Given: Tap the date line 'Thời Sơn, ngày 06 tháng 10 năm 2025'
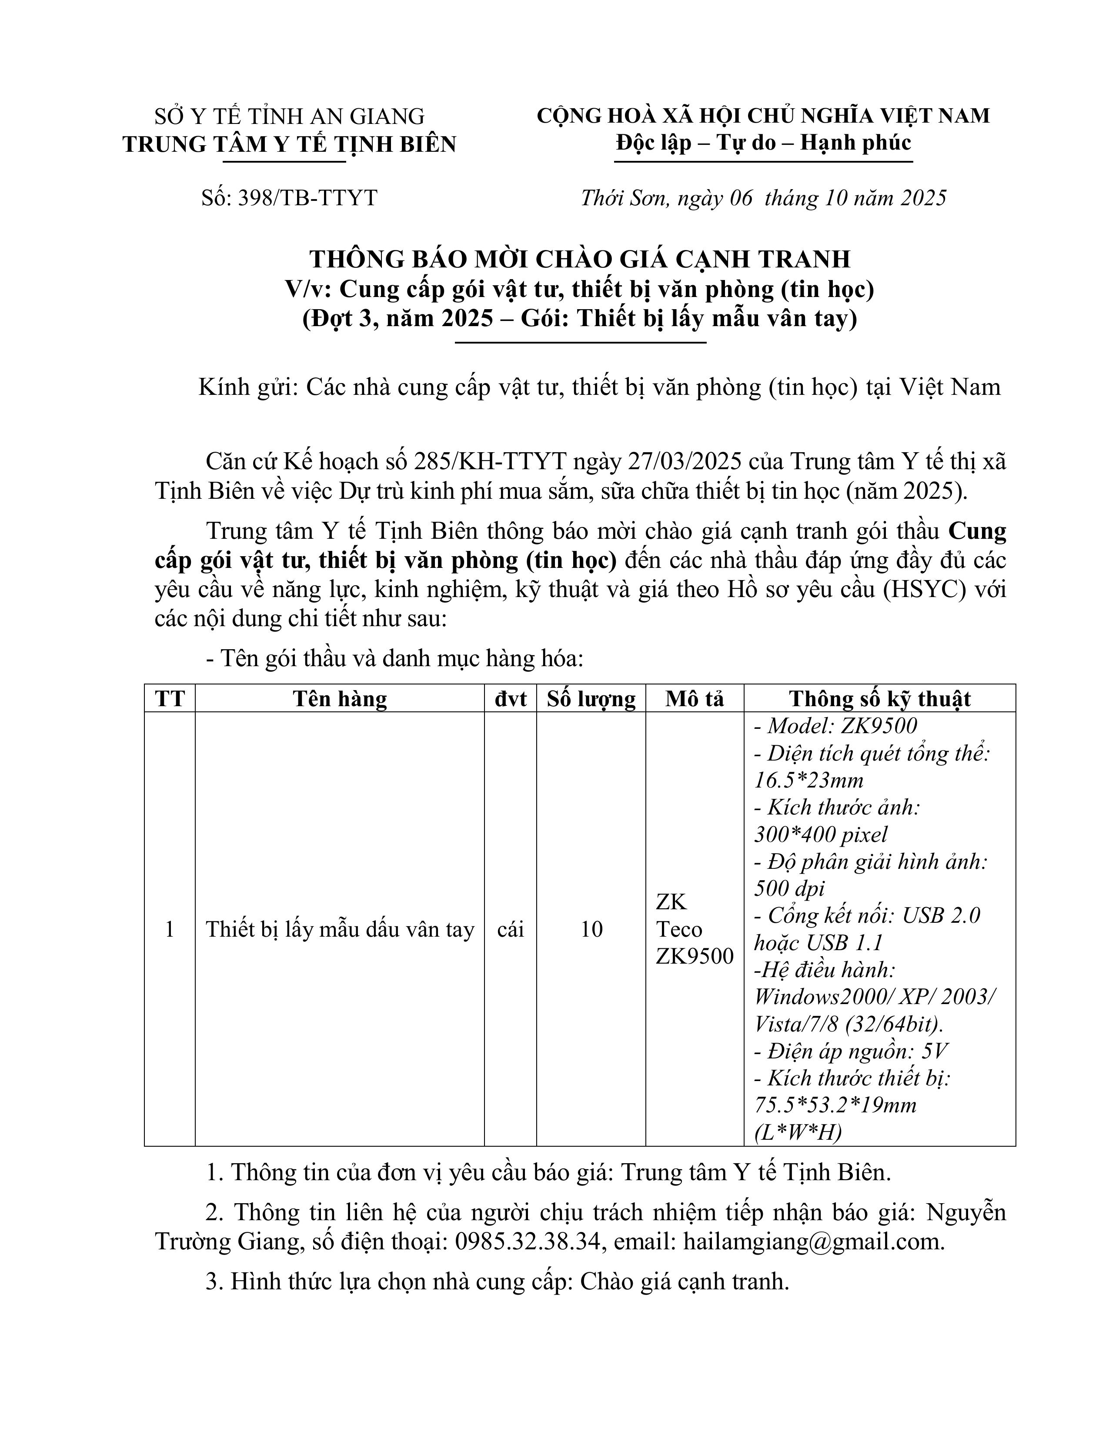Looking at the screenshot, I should click(x=763, y=198).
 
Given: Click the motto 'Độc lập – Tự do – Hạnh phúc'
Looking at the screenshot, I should click(x=763, y=143).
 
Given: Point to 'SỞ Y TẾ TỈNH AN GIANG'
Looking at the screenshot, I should click(x=289, y=116).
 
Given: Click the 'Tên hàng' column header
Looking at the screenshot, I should click(x=340, y=698).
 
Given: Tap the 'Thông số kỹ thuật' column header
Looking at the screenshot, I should click(x=880, y=698).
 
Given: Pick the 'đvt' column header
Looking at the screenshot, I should click(x=511, y=698).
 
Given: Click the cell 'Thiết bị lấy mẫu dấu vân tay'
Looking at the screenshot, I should click(x=340, y=929).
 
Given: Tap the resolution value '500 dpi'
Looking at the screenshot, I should click(x=789, y=888).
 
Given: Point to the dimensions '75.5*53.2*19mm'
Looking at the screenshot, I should click(x=835, y=1105).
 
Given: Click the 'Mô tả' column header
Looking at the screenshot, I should click(x=695, y=698).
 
